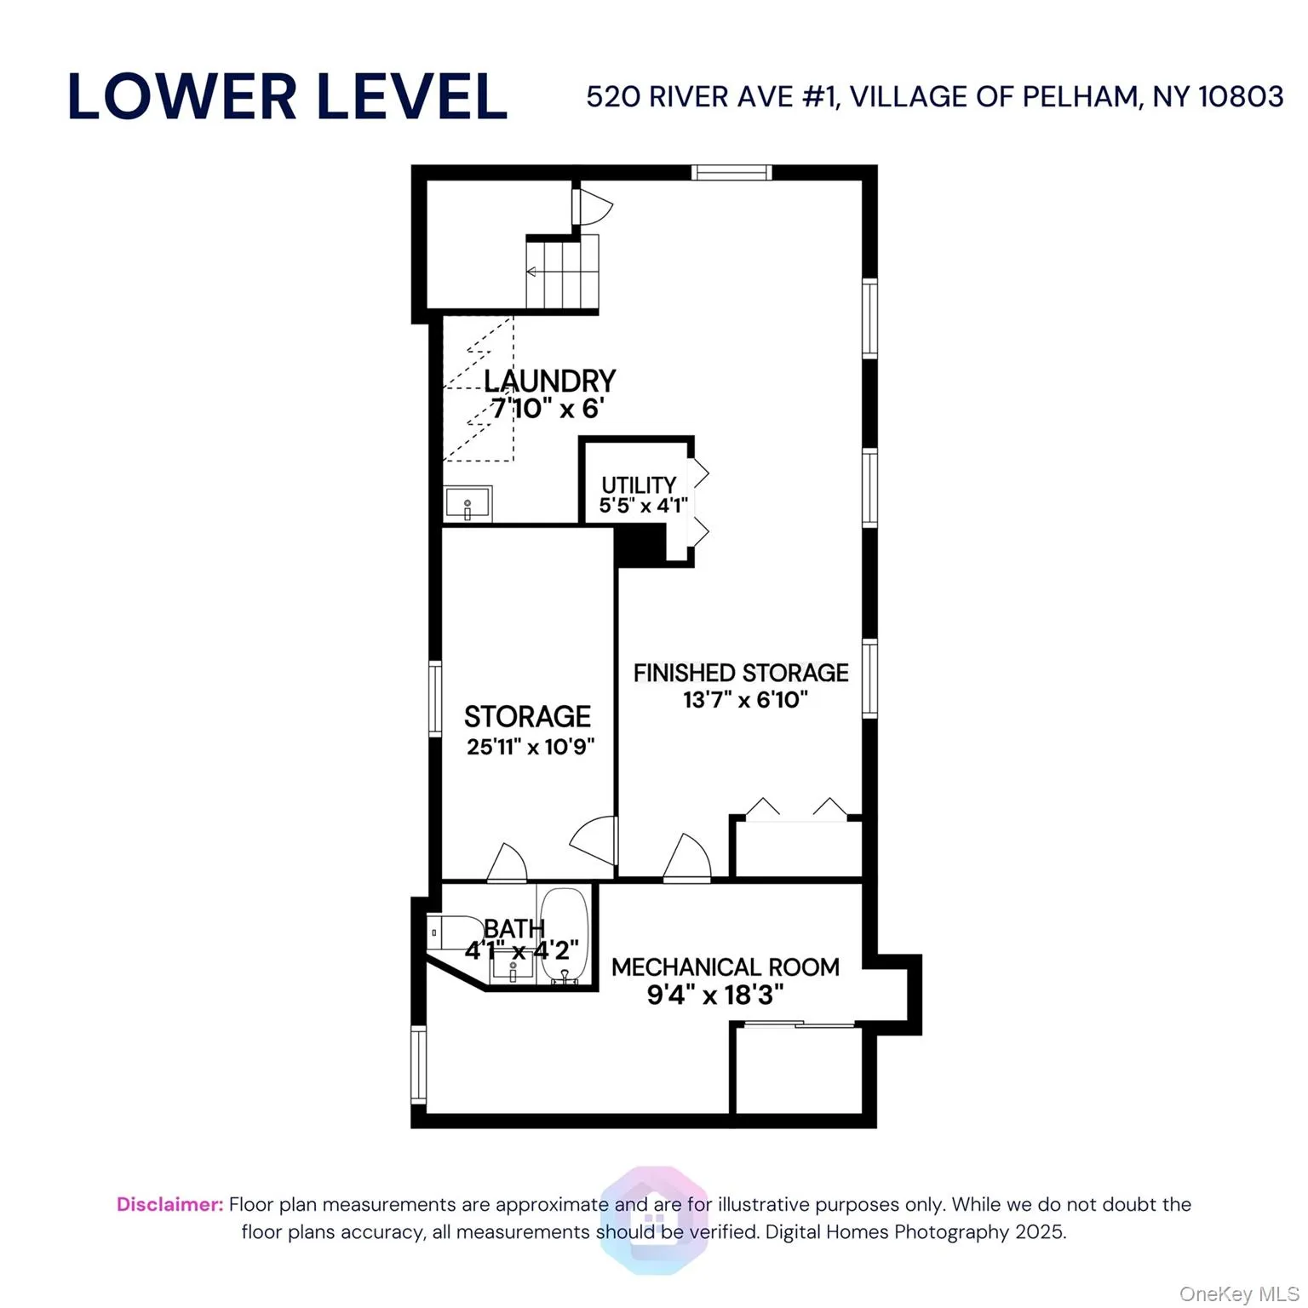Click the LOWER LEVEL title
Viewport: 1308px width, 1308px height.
coord(287,96)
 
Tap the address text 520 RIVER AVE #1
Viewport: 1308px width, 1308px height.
coord(712,97)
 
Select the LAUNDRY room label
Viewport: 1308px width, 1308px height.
coord(549,381)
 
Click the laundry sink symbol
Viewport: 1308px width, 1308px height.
coord(468,503)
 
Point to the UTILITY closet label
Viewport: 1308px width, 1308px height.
coord(639,485)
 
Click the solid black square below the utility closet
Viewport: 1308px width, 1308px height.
coord(639,545)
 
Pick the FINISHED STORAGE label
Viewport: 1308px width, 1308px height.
coord(740,673)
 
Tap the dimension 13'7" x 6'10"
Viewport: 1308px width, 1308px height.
coord(745,700)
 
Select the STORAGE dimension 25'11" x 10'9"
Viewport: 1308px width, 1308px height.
coord(530,747)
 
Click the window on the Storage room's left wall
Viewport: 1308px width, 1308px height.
coord(434,698)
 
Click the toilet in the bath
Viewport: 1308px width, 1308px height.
coord(451,932)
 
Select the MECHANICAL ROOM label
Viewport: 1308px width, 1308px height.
coord(725,967)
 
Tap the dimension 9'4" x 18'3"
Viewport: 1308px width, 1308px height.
coord(714,995)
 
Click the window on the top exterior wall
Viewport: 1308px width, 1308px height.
coord(731,173)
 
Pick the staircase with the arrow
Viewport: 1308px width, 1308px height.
coord(562,272)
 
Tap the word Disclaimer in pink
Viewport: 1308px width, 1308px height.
coord(169,1204)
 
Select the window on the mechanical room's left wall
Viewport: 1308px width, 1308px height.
coord(418,1064)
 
